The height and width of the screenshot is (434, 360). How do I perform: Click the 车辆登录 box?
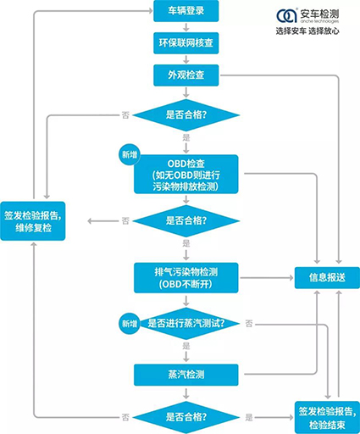click(186, 11)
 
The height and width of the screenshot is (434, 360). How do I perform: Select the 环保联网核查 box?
click(186, 43)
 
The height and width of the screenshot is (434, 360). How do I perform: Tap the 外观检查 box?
click(186, 75)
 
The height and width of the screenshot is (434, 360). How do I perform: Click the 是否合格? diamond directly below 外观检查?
click(186, 115)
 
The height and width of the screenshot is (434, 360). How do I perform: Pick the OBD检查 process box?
click(186, 175)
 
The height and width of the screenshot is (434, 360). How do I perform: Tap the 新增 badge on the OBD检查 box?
click(130, 154)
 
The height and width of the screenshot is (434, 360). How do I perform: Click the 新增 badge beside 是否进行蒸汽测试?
click(130, 324)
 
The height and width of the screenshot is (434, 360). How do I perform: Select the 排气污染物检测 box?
click(186, 278)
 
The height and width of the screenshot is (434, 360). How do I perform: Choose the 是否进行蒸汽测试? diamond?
click(186, 324)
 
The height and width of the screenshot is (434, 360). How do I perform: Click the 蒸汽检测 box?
click(186, 375)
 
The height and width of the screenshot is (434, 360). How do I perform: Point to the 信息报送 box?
click(327, 278)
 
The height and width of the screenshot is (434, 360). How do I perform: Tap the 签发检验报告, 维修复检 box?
click(33, 221)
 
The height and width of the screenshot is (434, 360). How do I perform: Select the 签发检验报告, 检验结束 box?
click(327, 418)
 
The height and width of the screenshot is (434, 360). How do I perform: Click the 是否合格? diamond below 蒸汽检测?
click(186, 417)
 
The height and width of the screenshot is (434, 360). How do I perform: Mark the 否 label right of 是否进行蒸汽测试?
click(249, 324)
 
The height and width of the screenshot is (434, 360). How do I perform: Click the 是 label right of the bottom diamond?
click(249, 417)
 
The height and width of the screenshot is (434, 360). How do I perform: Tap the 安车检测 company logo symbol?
click(286, 15)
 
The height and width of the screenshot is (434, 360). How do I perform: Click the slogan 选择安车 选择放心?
click(307, 31)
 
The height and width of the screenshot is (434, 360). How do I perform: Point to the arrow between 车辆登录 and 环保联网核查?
click(186, 27)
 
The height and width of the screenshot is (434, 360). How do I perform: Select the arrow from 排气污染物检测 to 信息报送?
click(267, 278)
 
